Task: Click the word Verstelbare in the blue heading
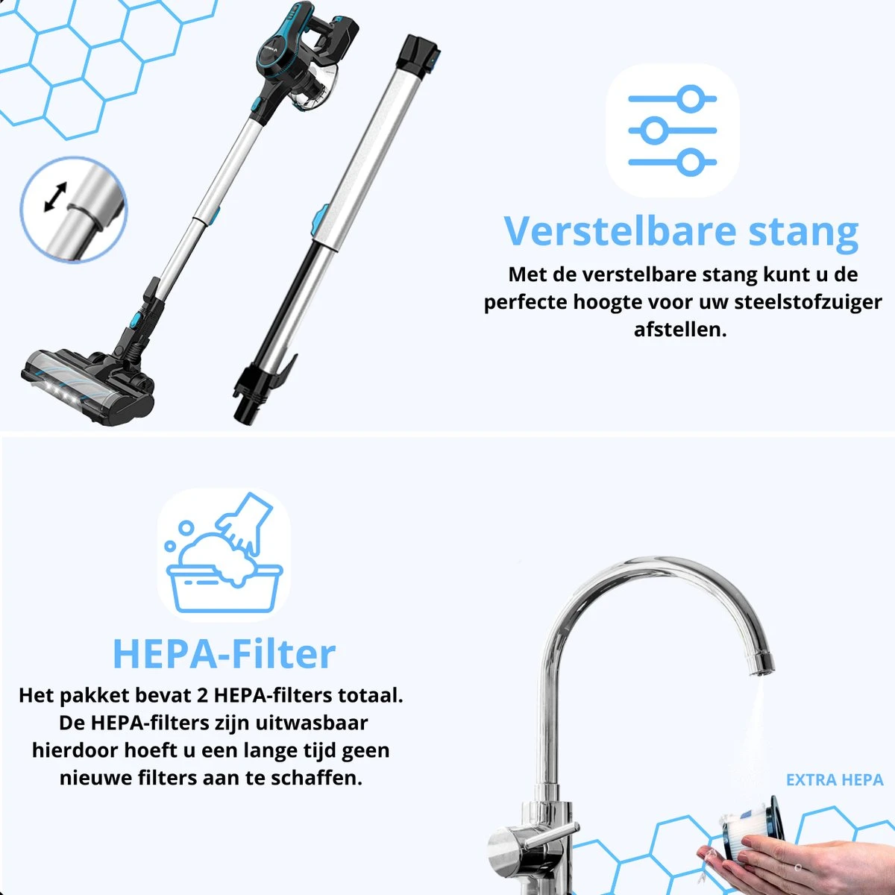pyautogui.click(x=620, y=230)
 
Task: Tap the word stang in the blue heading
pyautogui.click(x=803, y=234)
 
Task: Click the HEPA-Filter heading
pyautogui.click(x=224, y=654)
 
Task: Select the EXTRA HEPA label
pyautogui.click(x=835, y=780)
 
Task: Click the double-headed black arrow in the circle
pyautogui.click(x=56, y=196)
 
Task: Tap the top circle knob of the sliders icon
pyautogui.click(x=691, y=99)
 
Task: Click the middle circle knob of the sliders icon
pyautogui.click(x=654, y=131)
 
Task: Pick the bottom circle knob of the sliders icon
pyautogui.click(x=691, y=162)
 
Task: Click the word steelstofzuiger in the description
pyautogui.click(x=808, y=303)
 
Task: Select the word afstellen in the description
pyautogui.click(x=680, y=330)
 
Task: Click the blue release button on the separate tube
pyautogui.click(x=319, y=219)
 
